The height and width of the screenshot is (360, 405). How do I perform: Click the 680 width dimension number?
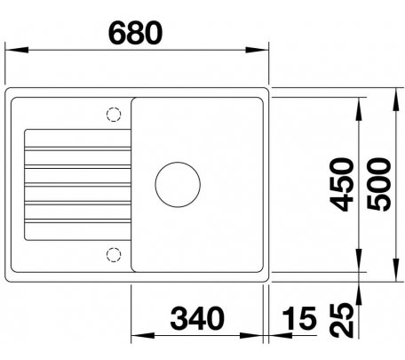click(136, 33)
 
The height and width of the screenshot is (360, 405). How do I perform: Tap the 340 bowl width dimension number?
click(197, 318)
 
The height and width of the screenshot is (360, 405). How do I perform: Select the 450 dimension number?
click(342, 185)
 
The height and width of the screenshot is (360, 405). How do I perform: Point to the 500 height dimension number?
click(378, 185)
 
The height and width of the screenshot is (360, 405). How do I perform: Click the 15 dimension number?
click(299, 318)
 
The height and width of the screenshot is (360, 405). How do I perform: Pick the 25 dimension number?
click(342, 320)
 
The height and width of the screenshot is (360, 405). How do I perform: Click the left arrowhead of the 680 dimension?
click(17, 50)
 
